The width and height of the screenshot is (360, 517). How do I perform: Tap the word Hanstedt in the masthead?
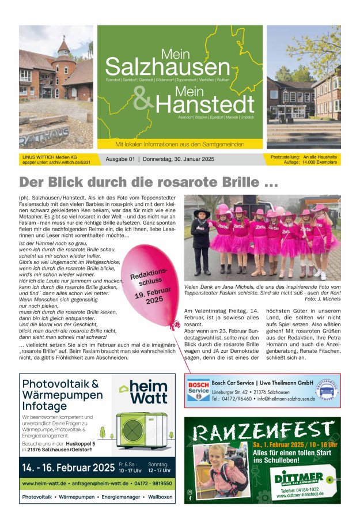point(204,104)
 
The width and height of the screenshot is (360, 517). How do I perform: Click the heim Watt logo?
point(144,392)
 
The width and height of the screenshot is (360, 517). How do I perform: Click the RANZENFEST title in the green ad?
point(262,432)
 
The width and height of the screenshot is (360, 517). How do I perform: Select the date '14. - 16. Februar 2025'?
point(68,466)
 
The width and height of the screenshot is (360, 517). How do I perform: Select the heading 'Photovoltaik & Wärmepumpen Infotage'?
point(62,395)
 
